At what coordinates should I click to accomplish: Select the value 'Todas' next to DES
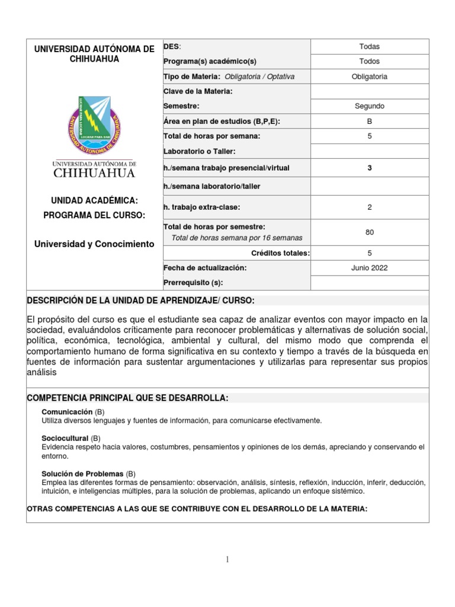(x=369, y=47)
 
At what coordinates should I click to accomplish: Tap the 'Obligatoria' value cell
(x=369, y=76)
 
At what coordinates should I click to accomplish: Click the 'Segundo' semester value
(x=369, y=106)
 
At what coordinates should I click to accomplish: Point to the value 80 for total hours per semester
(x=369, y=232)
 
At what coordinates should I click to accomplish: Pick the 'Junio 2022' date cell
(x=369, y=268)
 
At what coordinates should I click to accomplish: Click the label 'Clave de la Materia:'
(x=197, y=91)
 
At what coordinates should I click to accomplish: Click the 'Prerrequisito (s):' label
(x=194, y=283)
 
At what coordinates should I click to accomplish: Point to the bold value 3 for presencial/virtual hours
(x=369, y=168)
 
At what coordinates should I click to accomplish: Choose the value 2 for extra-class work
(x=369, y=207)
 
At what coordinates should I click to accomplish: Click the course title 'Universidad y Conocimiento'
(x=94, y=244)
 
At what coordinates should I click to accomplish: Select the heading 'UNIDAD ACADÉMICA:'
(x=94, y=202)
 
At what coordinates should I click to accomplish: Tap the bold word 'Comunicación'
(x=67, y=411)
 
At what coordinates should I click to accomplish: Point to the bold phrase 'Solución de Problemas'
(x=82, y=474)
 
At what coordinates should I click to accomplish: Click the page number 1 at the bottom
(x=227, y=561)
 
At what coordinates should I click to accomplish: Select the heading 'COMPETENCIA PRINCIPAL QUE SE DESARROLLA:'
(x=127, y=397)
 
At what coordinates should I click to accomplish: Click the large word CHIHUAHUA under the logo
(x=94, y=174)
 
